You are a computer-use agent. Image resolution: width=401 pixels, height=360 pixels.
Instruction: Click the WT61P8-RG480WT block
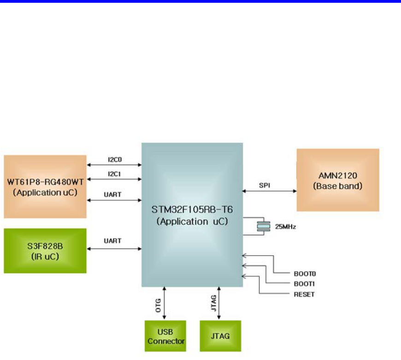click(45, 186)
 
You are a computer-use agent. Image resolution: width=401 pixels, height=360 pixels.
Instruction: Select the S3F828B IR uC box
click(45, 250)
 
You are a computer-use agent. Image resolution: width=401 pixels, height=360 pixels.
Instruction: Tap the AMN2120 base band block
click(338, 180)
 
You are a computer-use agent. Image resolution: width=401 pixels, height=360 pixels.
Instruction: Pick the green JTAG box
click(220, 337)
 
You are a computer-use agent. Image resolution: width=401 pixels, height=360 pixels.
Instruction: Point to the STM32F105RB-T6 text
click(192, 209)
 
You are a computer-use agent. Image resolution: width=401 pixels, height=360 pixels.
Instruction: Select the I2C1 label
click(113, 174)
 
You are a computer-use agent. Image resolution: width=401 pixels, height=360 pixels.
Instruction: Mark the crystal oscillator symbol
click(263, 226)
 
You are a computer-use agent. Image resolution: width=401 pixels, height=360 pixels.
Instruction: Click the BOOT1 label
click(304, 283)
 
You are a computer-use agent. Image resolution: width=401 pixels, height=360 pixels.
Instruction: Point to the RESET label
click(304, 294)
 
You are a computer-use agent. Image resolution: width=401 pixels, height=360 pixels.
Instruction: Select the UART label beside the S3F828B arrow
click(113, 241)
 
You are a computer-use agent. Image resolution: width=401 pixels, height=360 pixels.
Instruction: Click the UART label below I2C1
click(113, 195)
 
